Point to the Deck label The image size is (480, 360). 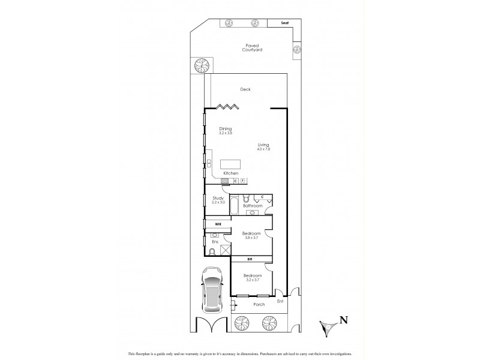pyautogui.click(x=245, y=89)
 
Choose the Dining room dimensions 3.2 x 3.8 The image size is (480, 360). pyautogui.click(x=225, y=133)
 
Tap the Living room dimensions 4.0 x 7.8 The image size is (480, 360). pyautogui.click(x=263, y=148)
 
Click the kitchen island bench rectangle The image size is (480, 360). pyautogui.click(x=230, y=164)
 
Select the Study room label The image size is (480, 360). pyautogui.click(x=217, y=200)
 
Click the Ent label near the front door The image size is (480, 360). pyautogui.click(x=280, y=301)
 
